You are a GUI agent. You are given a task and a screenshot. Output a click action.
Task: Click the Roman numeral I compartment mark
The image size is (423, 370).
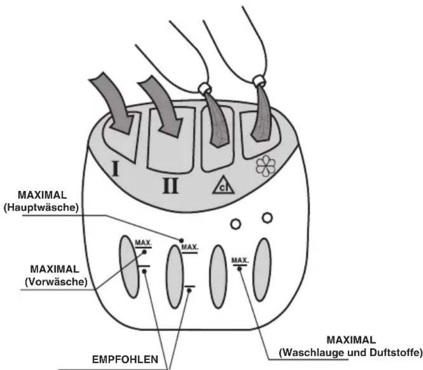point(116,168)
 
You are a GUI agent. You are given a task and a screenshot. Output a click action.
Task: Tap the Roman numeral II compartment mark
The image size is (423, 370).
point(171,186)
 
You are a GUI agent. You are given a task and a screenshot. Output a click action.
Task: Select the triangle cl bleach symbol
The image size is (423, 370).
point(223,185)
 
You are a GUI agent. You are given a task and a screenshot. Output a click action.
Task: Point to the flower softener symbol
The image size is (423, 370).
point(266,166)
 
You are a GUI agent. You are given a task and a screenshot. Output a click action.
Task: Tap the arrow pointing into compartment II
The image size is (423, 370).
point(161,106)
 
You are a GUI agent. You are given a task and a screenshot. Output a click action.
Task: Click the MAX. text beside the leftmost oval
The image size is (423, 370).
point(144,243)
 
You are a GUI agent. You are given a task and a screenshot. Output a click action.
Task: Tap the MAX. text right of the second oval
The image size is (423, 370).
point(190,247)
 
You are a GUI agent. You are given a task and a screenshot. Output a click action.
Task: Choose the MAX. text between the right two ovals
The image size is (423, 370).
point(240,261)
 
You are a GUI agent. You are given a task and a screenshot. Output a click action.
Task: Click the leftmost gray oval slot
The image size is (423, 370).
point(129,266)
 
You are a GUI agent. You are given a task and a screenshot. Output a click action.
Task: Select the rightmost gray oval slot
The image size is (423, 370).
point(262,270)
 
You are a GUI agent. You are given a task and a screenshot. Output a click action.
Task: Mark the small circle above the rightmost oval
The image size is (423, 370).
point(268,218)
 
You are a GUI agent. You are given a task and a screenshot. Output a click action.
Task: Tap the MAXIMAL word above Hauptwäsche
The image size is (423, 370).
point(42,195)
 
